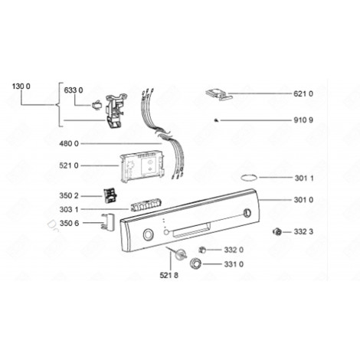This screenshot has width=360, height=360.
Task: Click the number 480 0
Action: click(x=70, y=143)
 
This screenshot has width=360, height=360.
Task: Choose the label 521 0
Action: click(x=70, y=165)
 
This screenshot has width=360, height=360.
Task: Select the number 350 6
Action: click(x=70, y=224)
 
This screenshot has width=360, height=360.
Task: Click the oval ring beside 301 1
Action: click(x=250, y=178)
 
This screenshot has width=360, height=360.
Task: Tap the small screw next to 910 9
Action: click(x=218, y=120)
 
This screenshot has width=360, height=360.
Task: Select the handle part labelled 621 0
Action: click(x=218, y=93)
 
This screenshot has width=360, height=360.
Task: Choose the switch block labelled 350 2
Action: click(x=110, y=197)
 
